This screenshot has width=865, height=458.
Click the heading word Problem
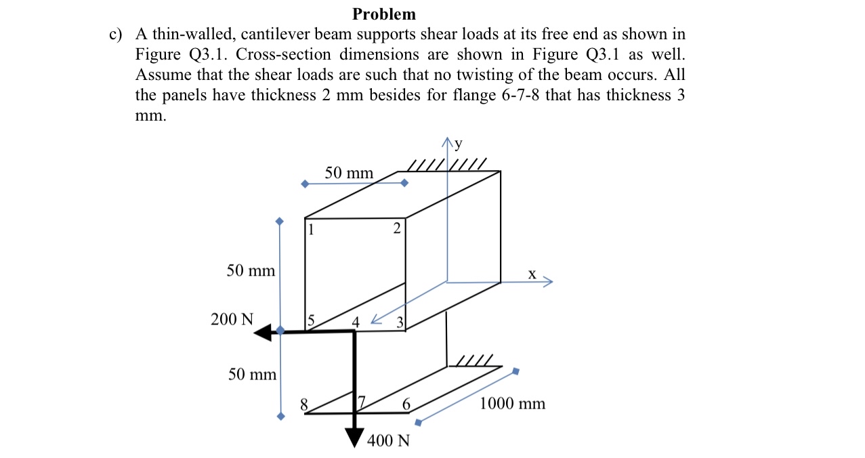[x=384, y=14]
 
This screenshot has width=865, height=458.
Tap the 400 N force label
[x=388, y=441]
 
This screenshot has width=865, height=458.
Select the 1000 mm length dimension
[x=512, y=404]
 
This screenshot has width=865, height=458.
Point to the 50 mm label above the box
[x=349, y=173]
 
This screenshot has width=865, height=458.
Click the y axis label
[x=459, y=143]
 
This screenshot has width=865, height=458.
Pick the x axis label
[x=532, y=274]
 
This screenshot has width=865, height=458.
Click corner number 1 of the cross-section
[x=311, y=229]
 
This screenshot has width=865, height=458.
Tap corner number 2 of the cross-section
[x=396, y=229]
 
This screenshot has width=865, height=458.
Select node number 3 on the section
[x=400, y=322]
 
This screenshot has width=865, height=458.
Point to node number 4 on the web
[x=355, y=321]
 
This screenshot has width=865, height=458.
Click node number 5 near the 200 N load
[x=311, y=320]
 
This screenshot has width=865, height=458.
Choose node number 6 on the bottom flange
[x=406, y=404]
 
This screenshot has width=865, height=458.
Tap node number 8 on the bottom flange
[x=304, y=404]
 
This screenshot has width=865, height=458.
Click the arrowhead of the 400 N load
[x=354, y=437]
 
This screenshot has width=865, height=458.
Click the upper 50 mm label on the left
[x=251, y=271]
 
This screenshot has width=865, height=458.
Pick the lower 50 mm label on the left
[x=252, y=374]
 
